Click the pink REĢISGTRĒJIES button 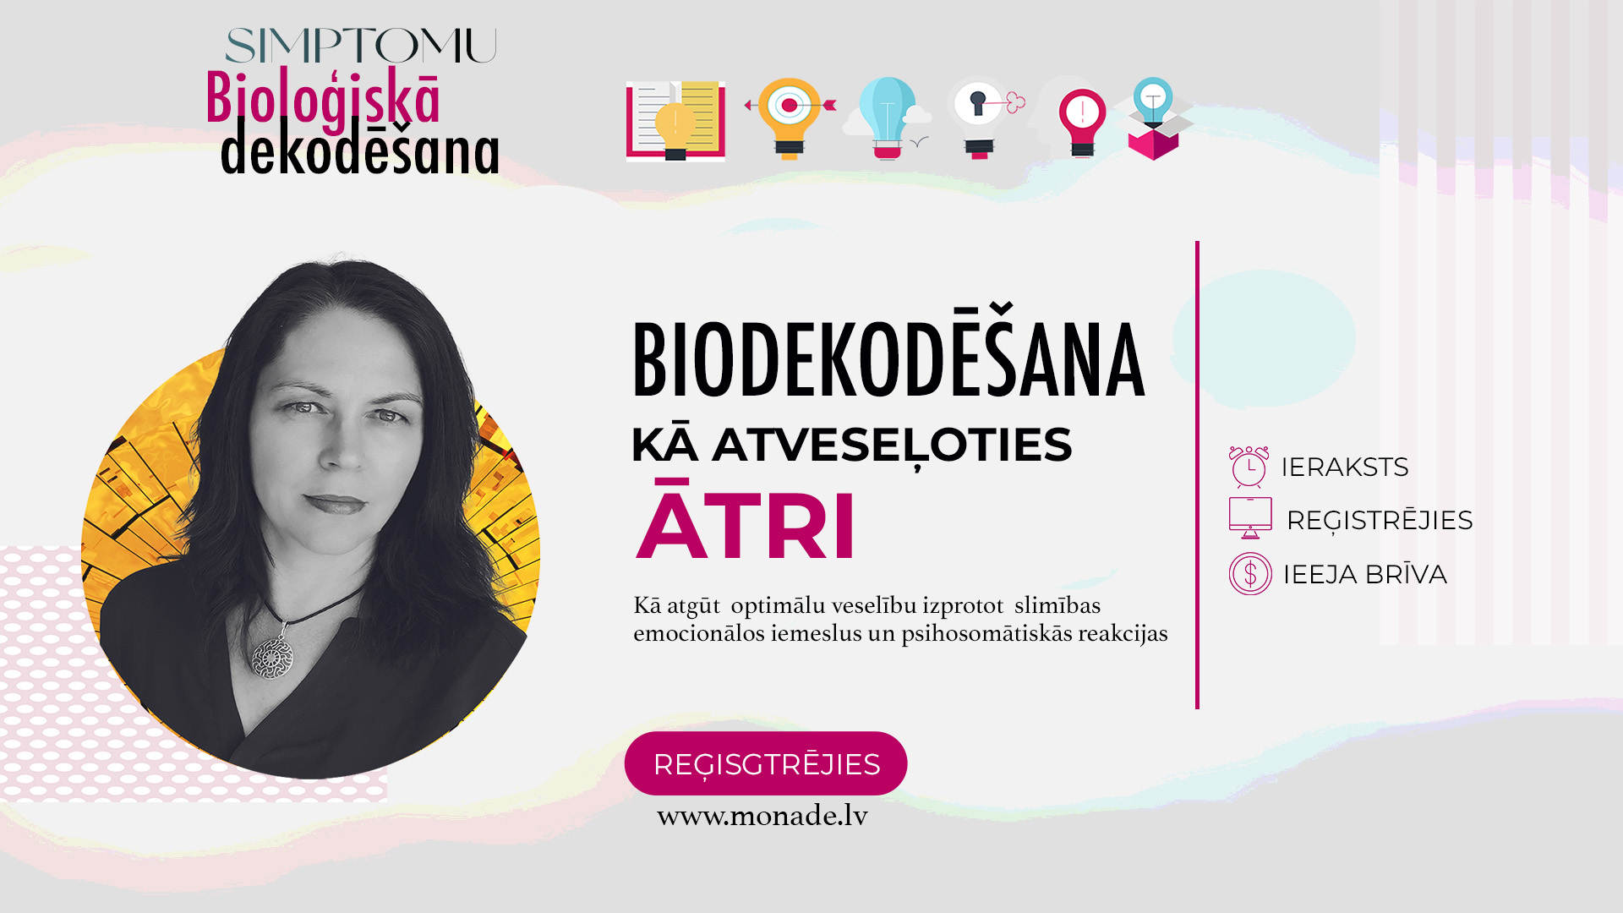766,763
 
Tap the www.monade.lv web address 762,816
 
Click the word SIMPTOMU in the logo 361,46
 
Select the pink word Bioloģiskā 323,100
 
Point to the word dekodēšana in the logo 360,147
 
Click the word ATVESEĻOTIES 892,446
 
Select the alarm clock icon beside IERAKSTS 1249,467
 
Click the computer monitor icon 1250,518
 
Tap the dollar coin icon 1250,574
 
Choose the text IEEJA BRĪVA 1365,574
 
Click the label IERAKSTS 1345,467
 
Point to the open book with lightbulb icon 675,121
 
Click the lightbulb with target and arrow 790,118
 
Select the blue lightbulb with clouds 888,118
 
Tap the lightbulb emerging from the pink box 1153,118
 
